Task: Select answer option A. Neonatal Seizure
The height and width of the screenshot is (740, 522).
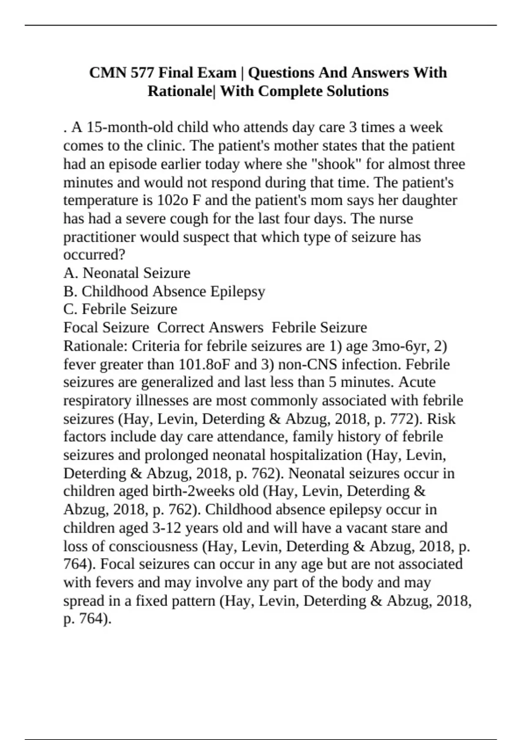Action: coord(127,273)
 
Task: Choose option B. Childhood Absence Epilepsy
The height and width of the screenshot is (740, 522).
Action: coord(164,291)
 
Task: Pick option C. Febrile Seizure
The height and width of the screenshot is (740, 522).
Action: coord(120,309)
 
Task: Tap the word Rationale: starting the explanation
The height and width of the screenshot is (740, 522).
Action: coord(95,346)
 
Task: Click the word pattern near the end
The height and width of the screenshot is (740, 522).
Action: coord(191,601)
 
